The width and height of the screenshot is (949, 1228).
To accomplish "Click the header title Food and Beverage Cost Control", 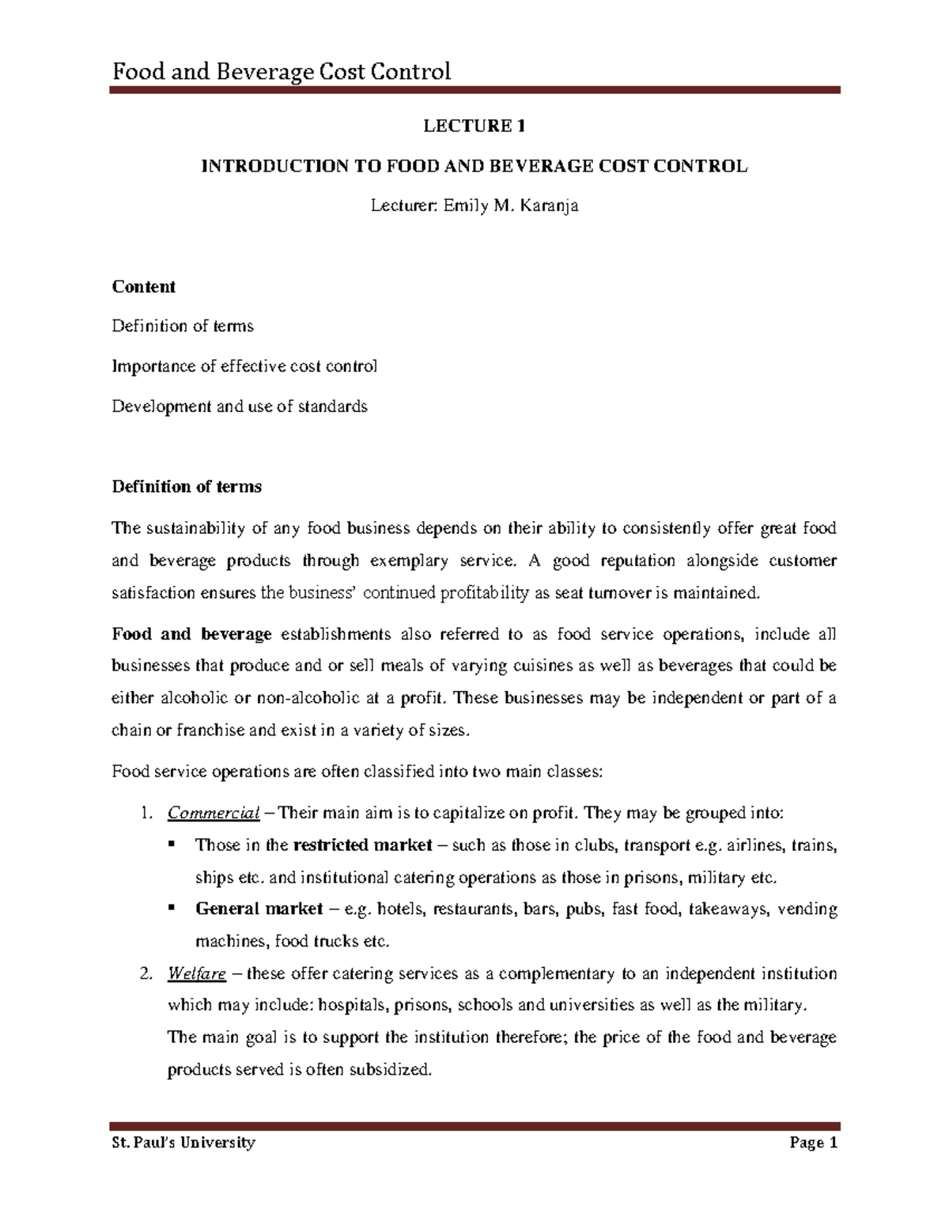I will (282, 72).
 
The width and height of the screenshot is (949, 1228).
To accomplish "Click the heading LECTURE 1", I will (475, 126).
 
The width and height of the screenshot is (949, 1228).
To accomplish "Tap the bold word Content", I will (143, 286).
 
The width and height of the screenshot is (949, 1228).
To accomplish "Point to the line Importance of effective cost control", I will (244, 366).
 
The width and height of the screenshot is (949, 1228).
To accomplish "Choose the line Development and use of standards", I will (240, 406).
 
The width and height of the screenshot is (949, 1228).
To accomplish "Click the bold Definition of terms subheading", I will (187, 486).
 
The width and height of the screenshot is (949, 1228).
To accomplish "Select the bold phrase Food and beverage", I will (192, 633).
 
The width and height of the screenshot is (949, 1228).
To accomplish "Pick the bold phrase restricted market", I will (362, 845).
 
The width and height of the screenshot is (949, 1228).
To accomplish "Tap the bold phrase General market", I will (259, 909).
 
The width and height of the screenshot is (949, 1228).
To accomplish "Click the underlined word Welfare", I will (197, 973).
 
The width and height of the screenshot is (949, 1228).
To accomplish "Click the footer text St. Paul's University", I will (183, 1143).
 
